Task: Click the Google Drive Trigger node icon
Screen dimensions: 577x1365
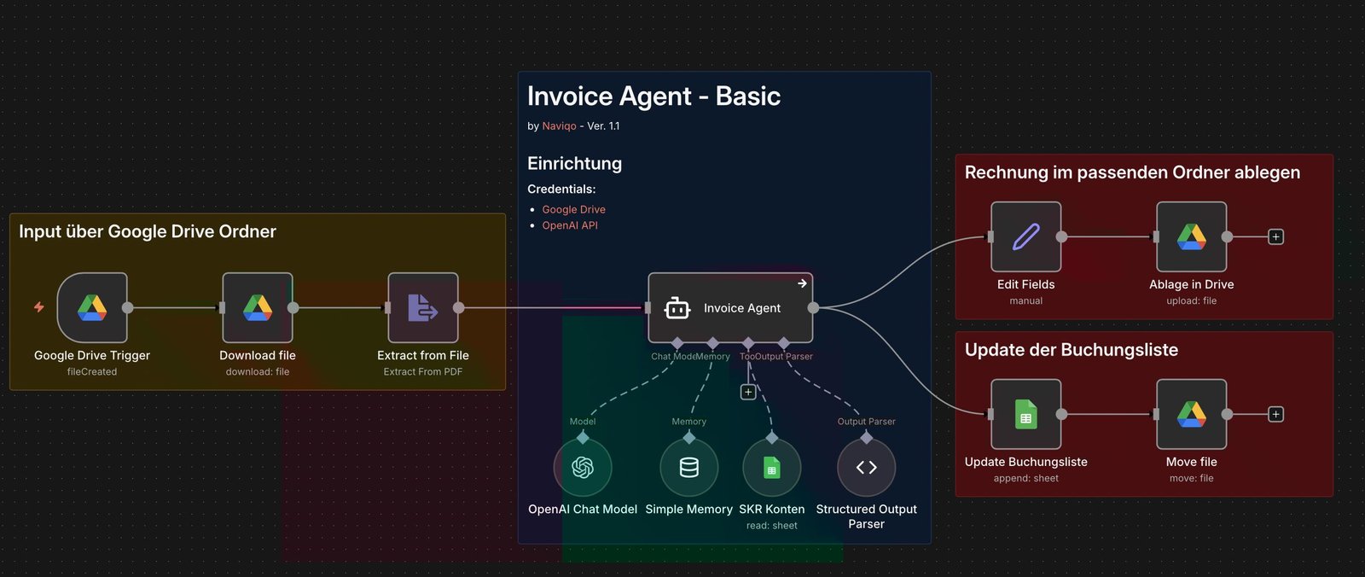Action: click(92, 307)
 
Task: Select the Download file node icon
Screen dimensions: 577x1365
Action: click(258, 307)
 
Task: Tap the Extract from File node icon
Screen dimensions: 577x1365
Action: click(423, 307)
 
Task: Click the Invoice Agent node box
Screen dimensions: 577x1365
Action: click(730, 307)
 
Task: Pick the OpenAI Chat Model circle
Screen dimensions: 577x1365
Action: click(583, 467)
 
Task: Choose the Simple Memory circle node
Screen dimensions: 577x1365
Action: click(689, 467)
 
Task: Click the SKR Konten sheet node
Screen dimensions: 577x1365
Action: click(772, 467)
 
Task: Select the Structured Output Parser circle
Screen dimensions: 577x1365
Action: click(867, 467)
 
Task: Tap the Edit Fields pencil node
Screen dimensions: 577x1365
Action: click(1026, 236)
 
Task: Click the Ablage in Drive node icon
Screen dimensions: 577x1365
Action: click(1192, 236)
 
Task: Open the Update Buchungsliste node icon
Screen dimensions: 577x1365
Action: click(1026, 414)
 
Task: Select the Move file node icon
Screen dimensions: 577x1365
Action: click(1192, 414)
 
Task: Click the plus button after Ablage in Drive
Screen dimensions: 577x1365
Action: click(1275, 236)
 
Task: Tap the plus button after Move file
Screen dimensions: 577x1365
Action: click(1275, 414)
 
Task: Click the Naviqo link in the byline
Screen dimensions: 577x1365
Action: click(559, 125)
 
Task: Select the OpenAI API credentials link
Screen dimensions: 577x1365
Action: click(570, 225)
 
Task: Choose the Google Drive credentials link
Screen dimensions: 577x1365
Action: click(573, 209)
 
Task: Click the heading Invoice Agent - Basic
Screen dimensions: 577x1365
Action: click(653, 96)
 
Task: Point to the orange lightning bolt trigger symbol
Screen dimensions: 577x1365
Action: click(39, 307)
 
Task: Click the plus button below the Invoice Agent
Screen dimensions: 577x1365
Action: click(748, 392)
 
